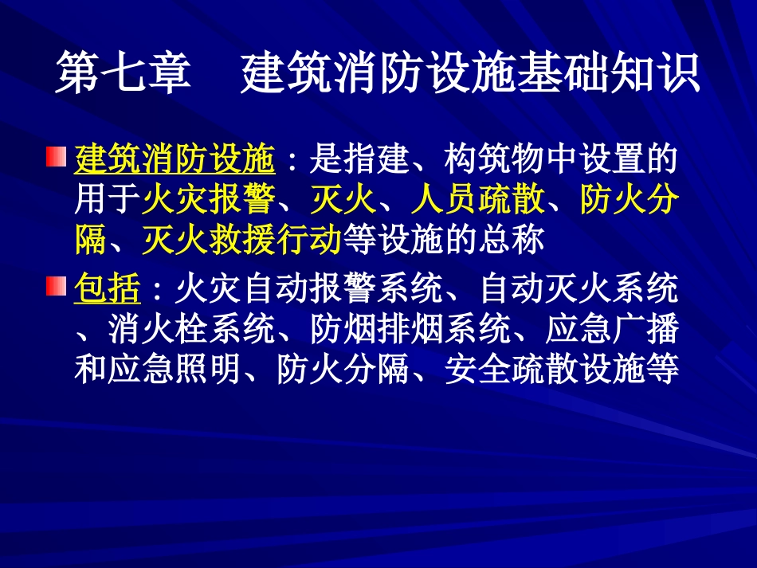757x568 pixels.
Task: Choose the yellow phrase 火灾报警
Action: (209, 201)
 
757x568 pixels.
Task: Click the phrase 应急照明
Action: (175, 370)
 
